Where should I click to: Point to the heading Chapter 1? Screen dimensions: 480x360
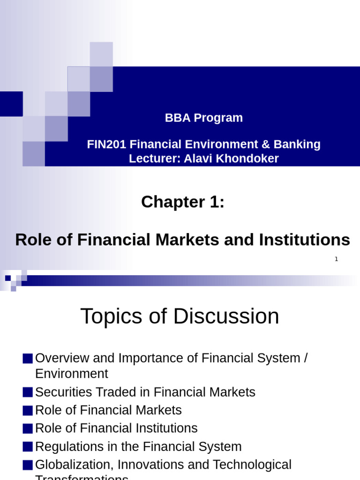pos(183,202)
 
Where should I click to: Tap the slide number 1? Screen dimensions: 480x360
pos(336,259)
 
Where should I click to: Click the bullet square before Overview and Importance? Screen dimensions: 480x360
pos(28,359)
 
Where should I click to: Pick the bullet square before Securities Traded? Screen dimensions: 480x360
pos(28,392)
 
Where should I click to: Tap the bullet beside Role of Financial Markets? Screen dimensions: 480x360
pos(28,410)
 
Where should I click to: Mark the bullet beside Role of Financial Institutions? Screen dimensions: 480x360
pos(28,428)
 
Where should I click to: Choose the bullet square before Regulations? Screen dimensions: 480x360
pos(28,447)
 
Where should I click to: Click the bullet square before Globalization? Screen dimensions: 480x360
pos(28,465)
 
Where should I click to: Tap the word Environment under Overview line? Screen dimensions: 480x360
pos(71,374)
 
